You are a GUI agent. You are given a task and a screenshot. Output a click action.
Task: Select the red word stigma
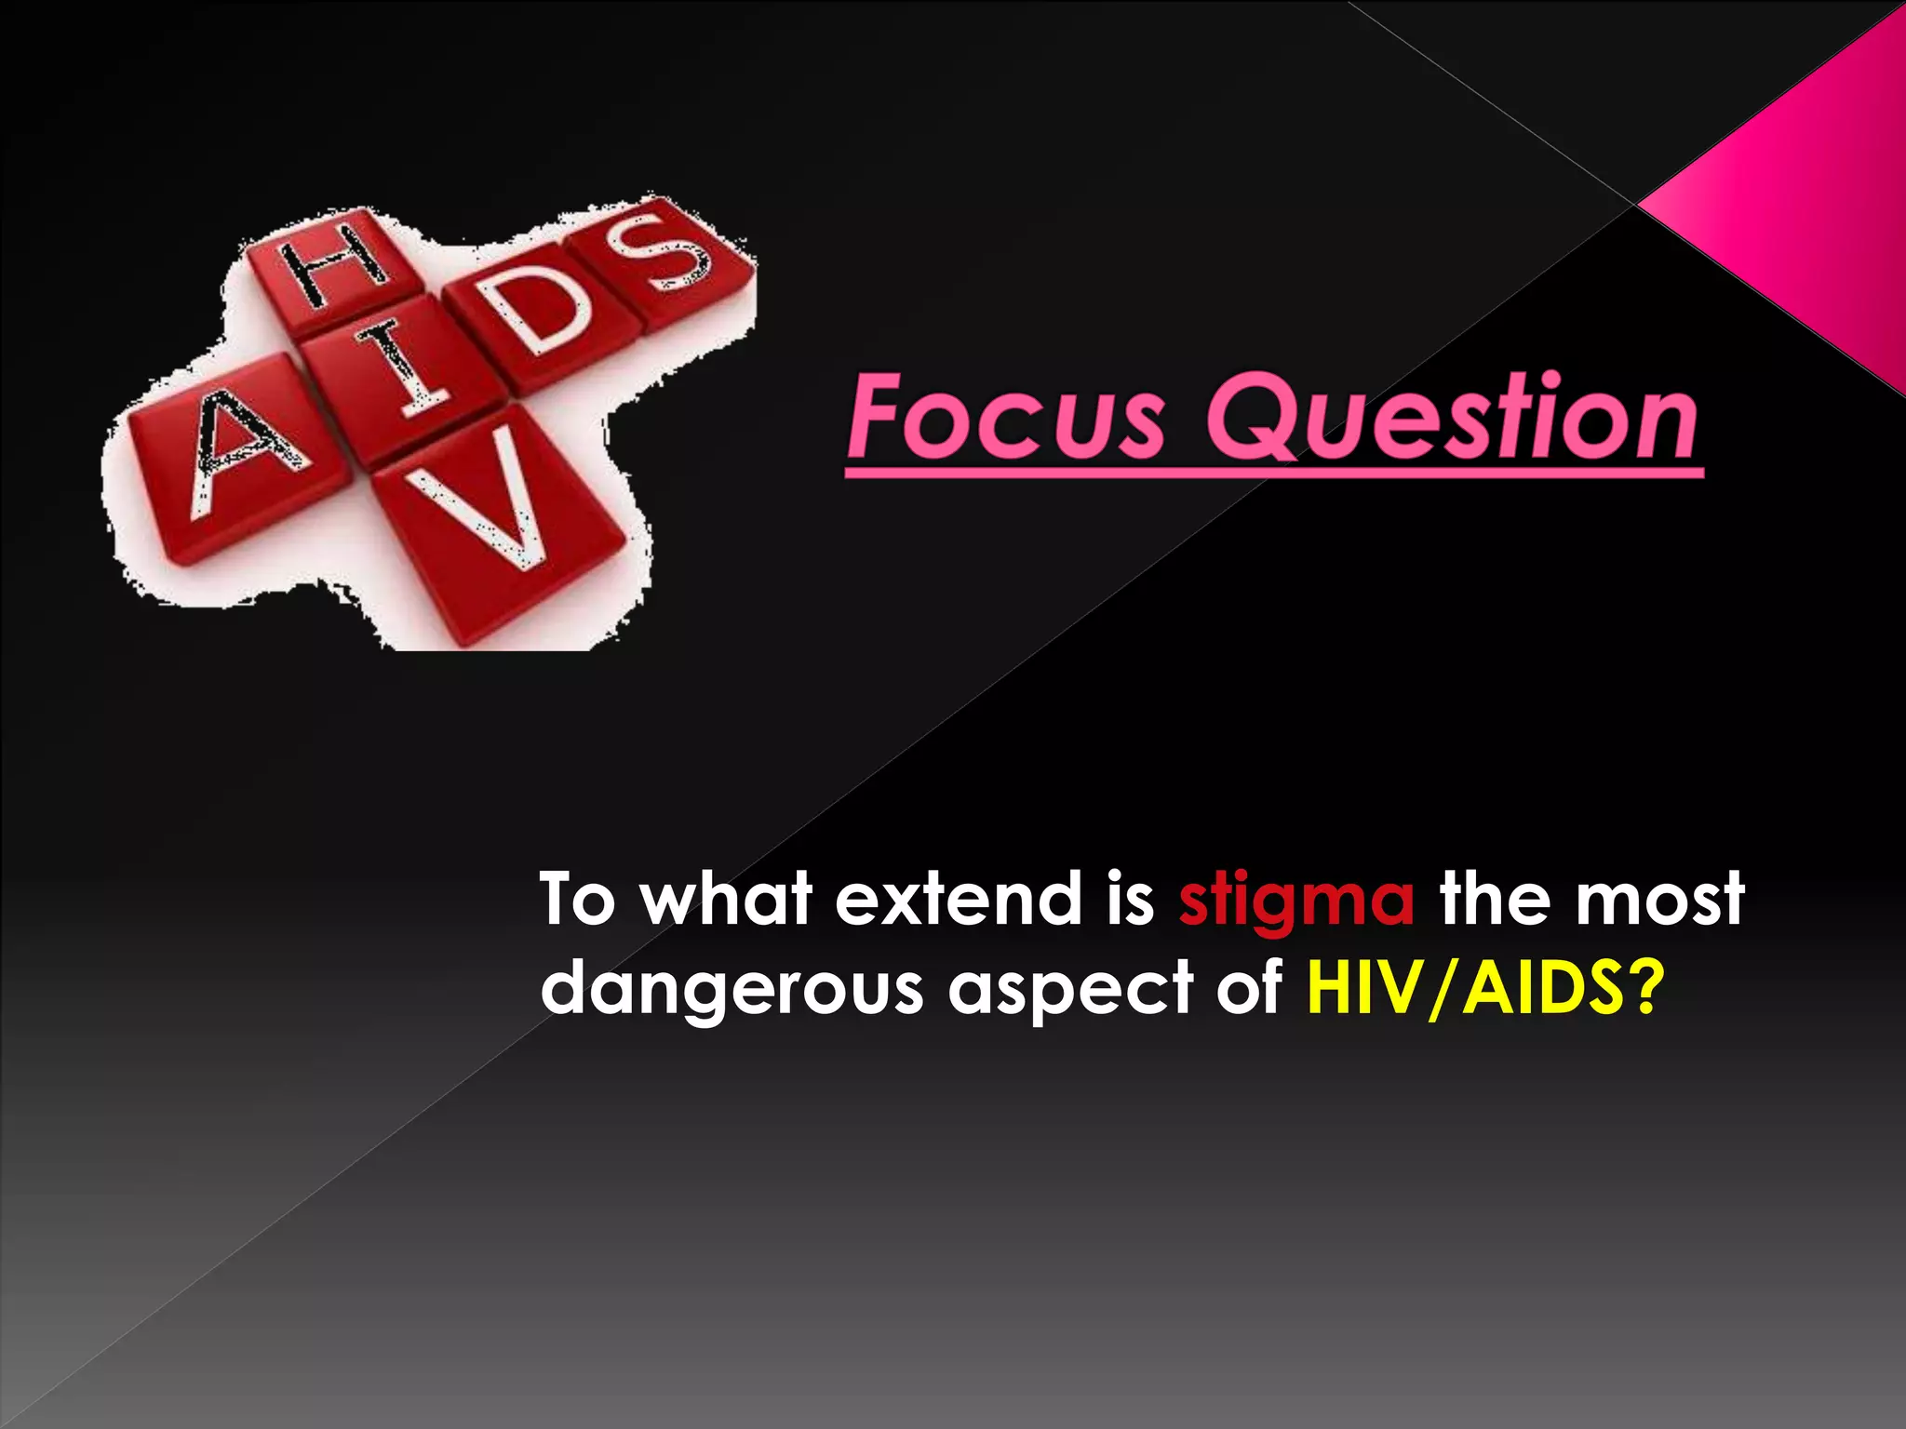click(1296, 900)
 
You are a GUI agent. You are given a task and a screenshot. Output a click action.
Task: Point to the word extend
click(959, 900)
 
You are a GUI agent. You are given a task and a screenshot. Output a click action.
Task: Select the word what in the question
click(726, 900)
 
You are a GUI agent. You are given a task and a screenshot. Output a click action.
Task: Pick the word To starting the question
click(577, 900)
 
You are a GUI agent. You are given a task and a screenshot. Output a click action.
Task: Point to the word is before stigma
click(1130, 900)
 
